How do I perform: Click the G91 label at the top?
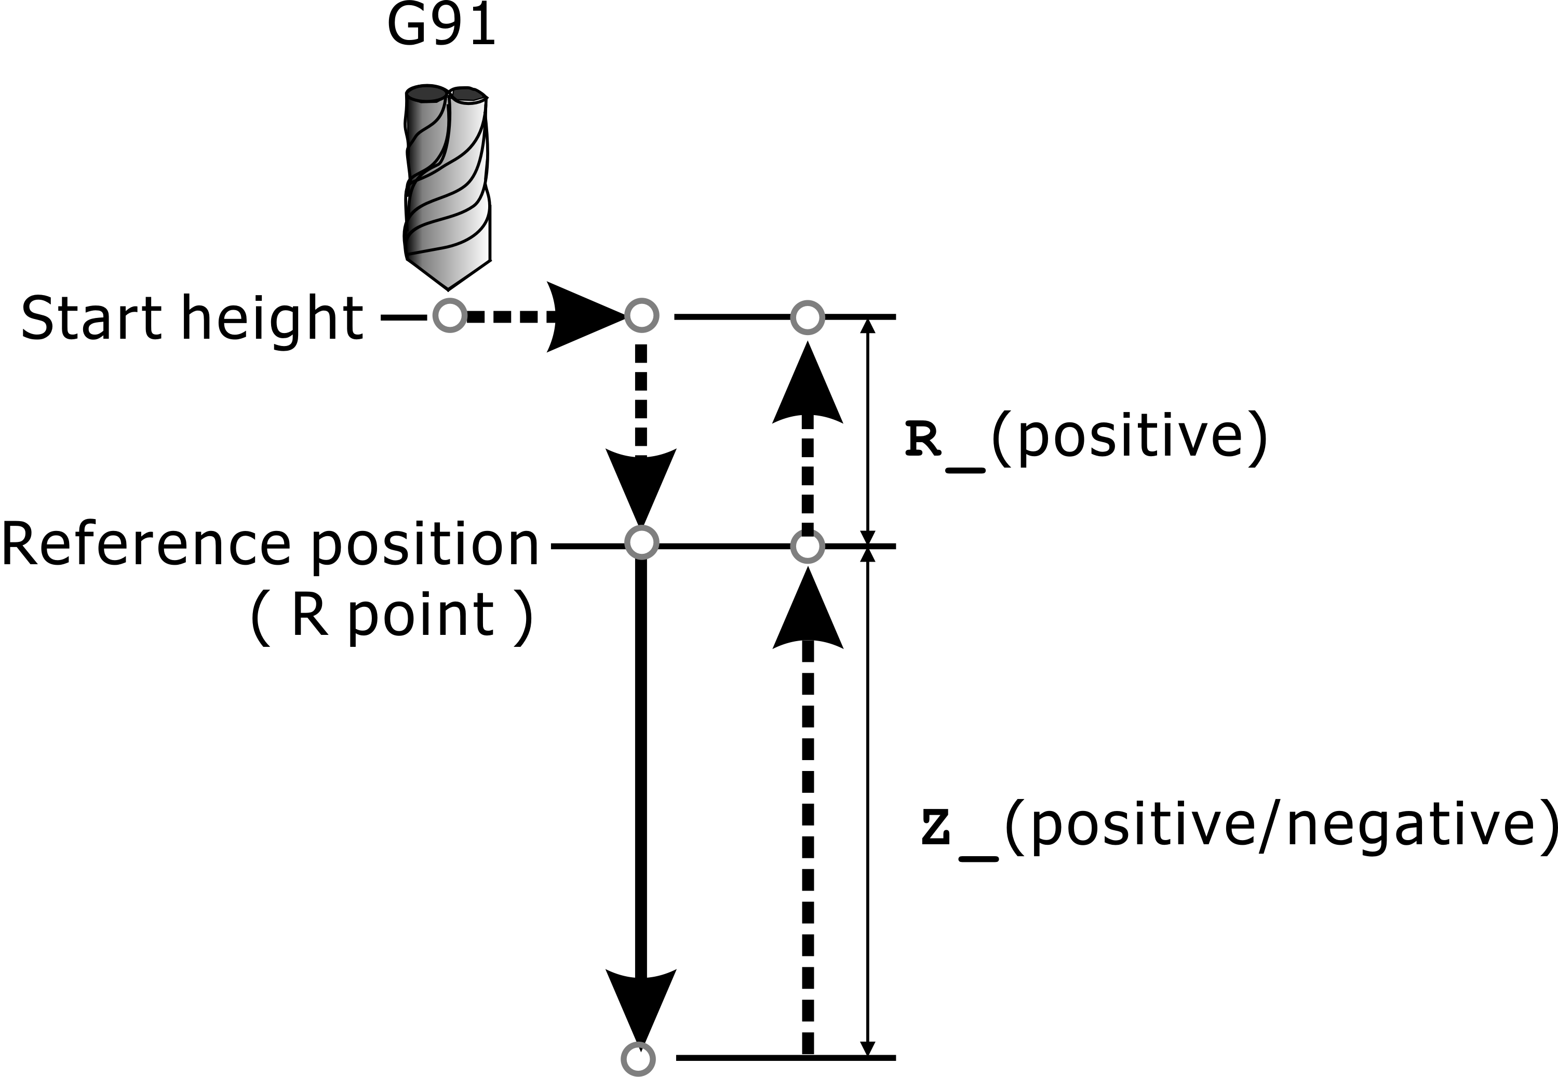click(442, 26)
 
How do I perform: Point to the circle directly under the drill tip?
click(450, 315)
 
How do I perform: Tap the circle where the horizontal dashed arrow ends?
click(641, 315)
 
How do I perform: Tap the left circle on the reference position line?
click(641, 542)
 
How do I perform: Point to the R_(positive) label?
click(1086, 438)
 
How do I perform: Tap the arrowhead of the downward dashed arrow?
click(641, 486)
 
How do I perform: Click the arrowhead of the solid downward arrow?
click(641, 1005)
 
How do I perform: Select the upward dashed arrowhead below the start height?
click(808, 384)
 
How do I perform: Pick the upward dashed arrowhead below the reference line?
click(808, 610)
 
